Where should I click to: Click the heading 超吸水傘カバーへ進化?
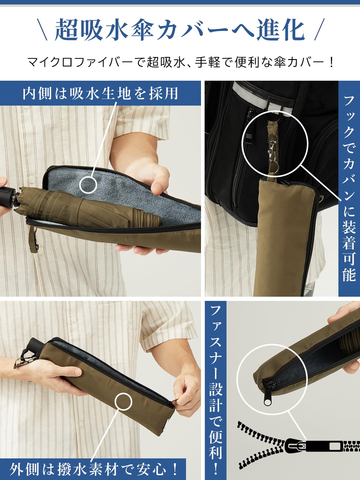point(180,30)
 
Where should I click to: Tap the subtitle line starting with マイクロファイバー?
point(181,62)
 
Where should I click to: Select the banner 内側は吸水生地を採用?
point(100,93)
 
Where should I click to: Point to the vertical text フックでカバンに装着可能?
point(349,188)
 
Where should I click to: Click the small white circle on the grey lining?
point(88,184)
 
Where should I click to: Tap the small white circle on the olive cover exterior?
point(123,401)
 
